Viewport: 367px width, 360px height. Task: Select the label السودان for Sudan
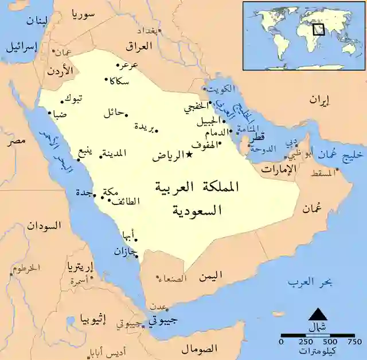click(x=44, y=226)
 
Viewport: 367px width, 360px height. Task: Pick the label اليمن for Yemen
click(x=210, y=277)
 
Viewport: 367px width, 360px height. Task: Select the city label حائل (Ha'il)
click(x=114, y=113)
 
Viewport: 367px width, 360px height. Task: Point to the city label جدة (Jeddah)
click(x=84, y=193)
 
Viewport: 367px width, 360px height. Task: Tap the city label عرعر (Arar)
click(x=130, y=65)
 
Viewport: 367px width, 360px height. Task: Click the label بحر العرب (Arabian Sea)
click(x=306, y=282)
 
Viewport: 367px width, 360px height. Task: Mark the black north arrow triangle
click(x=317, y=313)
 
